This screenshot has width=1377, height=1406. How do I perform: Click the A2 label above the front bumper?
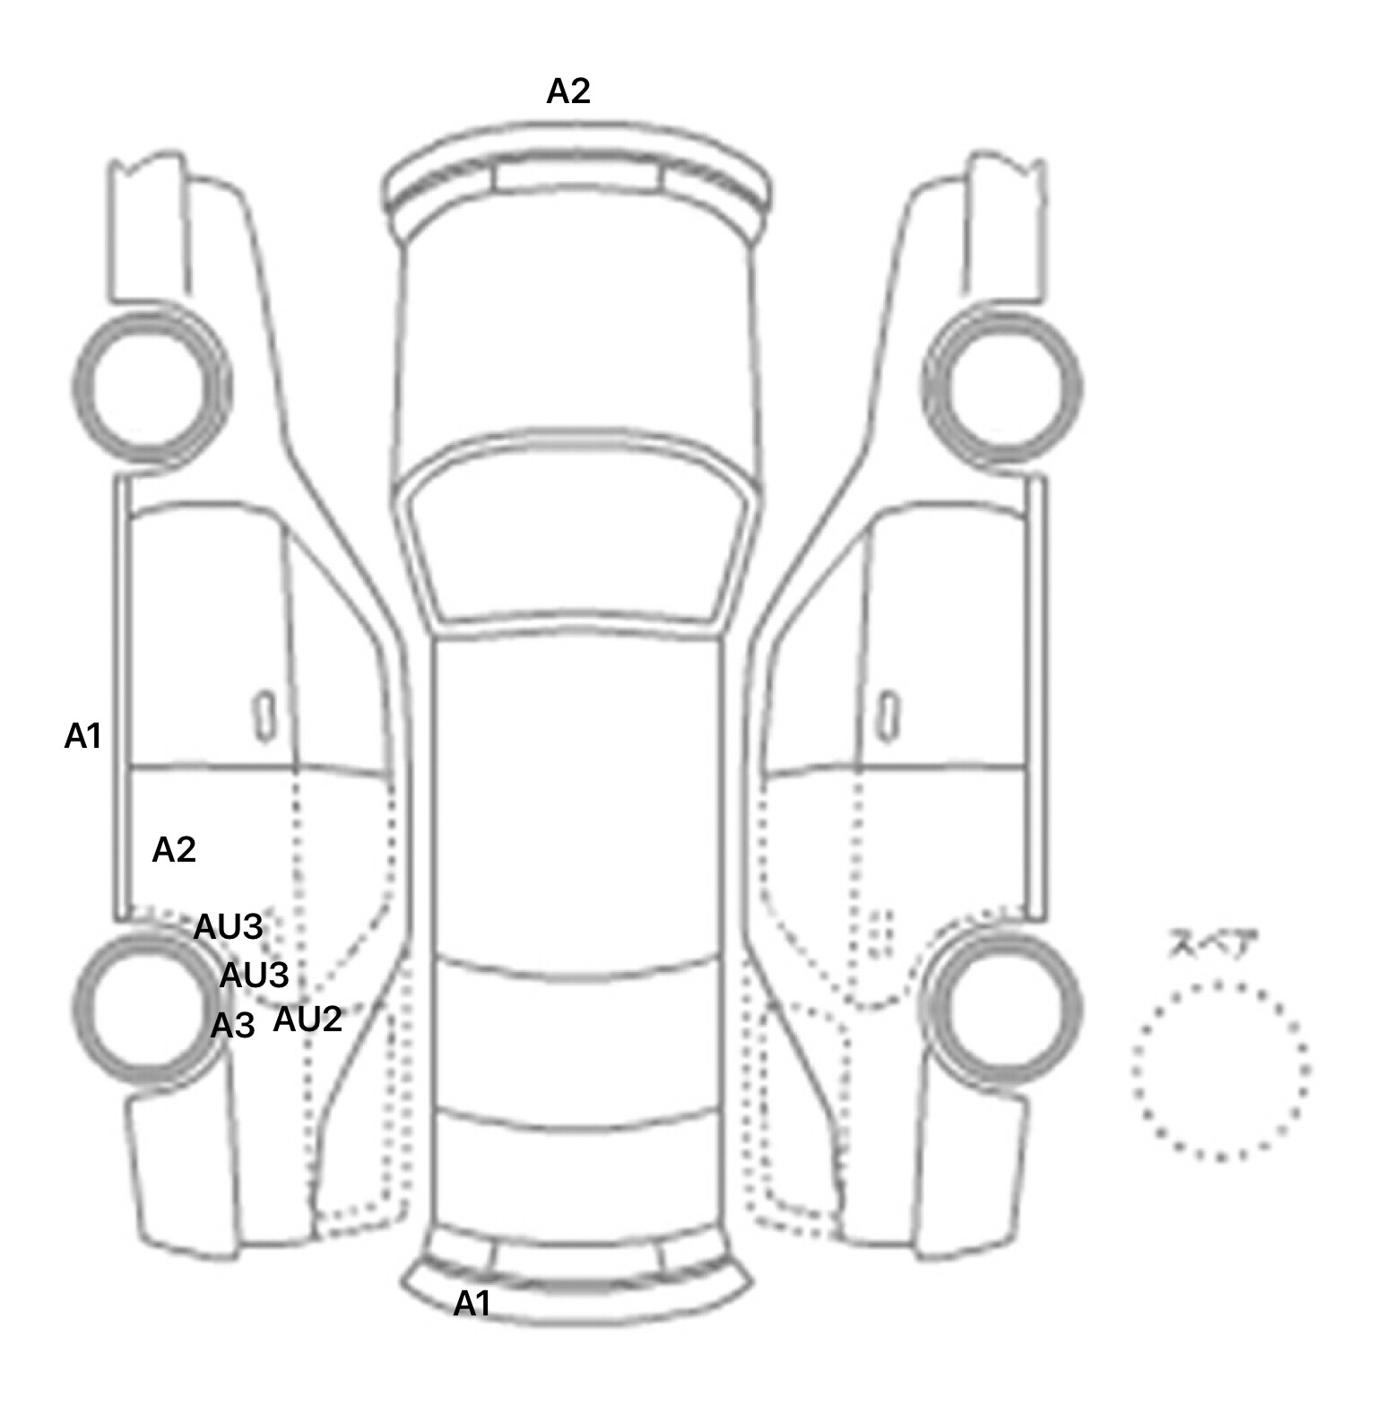click(568, 91)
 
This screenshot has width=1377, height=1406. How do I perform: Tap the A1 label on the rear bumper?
click(472, 1304)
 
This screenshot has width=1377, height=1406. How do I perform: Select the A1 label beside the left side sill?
click(82, 736)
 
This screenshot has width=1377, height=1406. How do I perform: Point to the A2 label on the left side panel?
click(174, 849)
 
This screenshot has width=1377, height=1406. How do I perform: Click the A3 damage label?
click(233, 1025)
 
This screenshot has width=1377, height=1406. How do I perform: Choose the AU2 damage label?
click(307, 1020)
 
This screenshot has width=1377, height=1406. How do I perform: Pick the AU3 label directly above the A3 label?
click(254, 975)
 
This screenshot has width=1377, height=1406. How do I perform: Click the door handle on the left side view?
click(264, 716)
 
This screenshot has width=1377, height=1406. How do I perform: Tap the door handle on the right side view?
click(888, 716)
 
